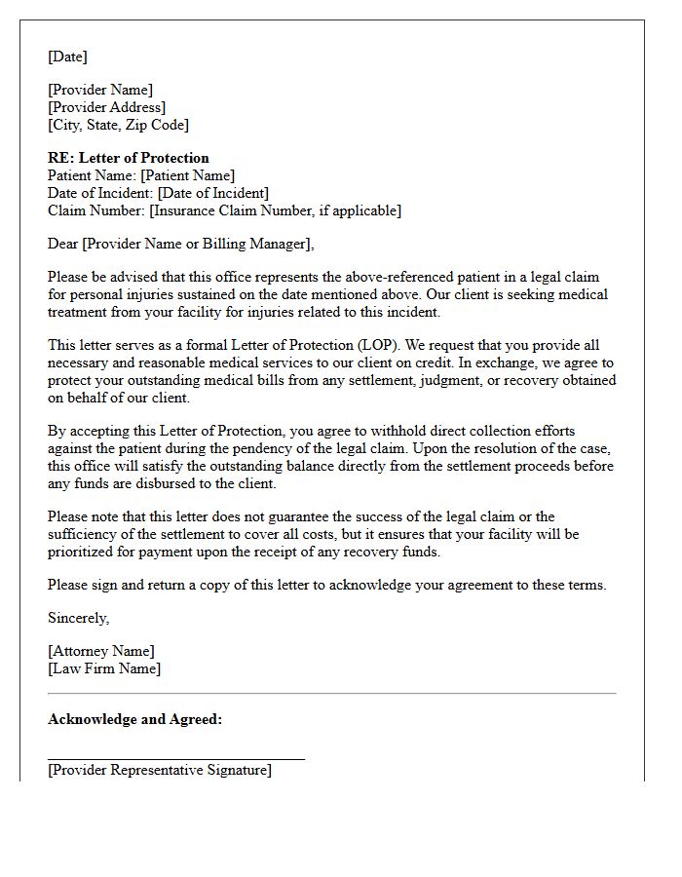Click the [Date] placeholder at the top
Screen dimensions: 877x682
point(67,57)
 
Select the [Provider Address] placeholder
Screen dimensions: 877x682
point(107,107)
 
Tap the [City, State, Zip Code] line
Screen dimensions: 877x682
point(118,125)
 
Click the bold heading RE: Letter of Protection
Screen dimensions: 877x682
point(129,158)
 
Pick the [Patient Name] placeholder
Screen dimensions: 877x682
point(188,175)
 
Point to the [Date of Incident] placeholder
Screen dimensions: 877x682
point(212,193)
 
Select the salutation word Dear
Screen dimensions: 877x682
point(63,244)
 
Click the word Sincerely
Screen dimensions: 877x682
point(78,618)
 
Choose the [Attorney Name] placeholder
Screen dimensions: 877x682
point(101,651)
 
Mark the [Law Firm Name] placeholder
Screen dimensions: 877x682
point(104,668)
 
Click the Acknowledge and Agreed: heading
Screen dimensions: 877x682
point(134,719)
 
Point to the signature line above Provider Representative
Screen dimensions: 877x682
point(175,757)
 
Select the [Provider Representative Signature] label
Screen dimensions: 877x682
point(160,770)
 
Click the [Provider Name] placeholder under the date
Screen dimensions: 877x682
point(100,90)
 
